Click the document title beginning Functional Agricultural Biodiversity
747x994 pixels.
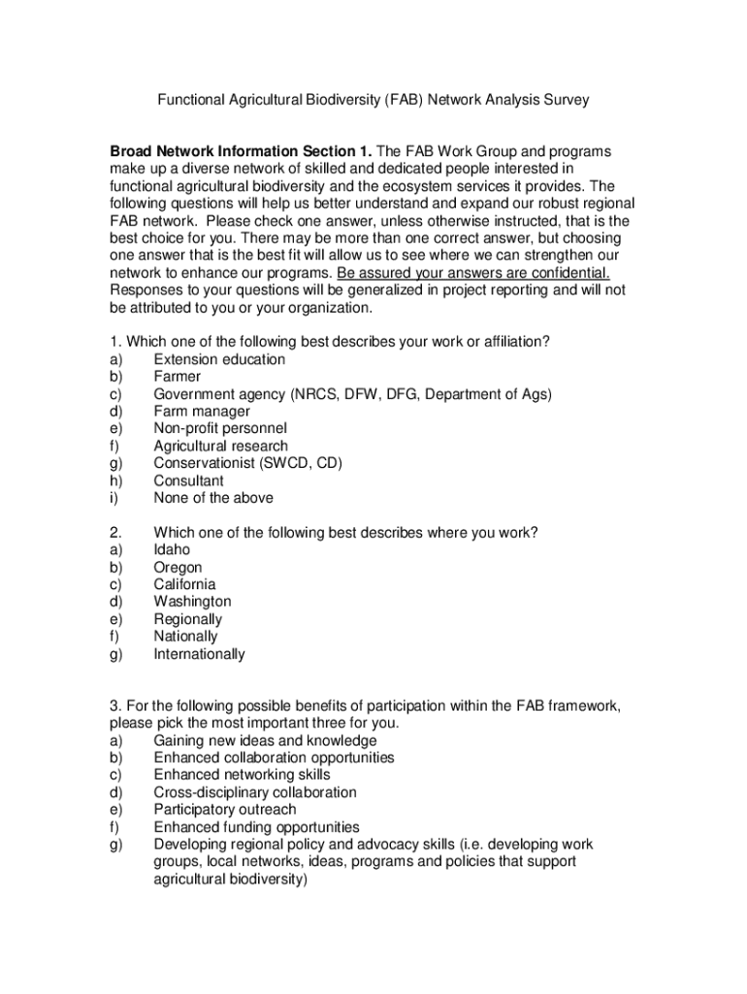373,99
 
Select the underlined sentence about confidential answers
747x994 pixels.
473,273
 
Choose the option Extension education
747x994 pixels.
219,359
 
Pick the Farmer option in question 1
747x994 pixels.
178,377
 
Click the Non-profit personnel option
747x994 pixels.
220,428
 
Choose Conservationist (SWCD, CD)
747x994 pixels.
247,463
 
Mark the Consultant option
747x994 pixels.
188,480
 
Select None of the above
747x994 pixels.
213,498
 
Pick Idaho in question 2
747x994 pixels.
173,549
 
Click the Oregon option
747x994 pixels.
179,567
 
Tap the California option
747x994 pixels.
184,584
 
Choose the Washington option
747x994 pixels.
192,602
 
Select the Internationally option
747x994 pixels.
199,654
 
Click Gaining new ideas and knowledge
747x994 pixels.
265,741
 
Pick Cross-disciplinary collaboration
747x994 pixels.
255,792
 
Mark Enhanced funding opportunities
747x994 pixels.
256,827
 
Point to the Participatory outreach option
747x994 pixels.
225,810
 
